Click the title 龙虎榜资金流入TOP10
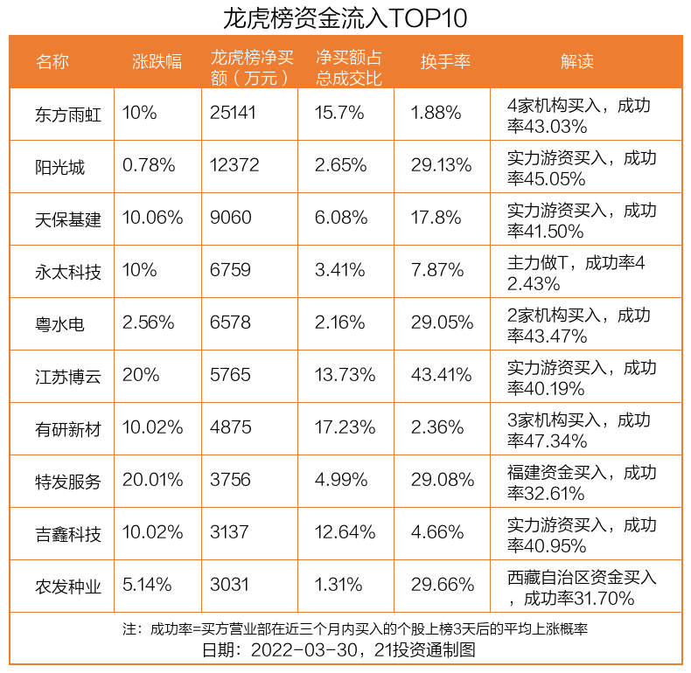click(x=345, y=17)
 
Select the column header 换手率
click(x=445, y=61)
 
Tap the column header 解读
click(x=577, y=61)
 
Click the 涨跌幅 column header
click(x=157, y=61)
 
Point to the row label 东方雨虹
click(x=68, y=114)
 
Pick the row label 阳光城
click(x=60, y=166)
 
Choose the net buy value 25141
click(x=234, y=113)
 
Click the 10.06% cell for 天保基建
click(x=153, y=218)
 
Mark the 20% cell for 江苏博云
click(x=141, y=375)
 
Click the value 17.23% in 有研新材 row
click(x=345, y=427)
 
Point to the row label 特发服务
click(x=68, y=481)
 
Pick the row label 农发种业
click(x=68, y=586)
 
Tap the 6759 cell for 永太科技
click(x=230, y=270)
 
